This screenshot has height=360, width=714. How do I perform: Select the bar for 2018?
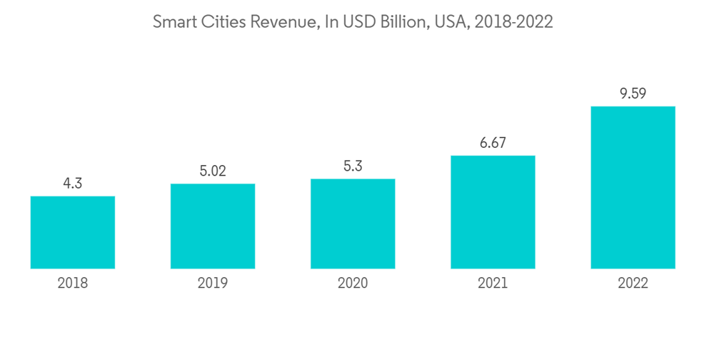click(73, 232)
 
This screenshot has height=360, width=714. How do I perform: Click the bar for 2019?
click(213, 226)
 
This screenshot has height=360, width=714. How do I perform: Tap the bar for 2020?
click(353, 224)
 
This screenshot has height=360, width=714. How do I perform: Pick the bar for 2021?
click(493, 212)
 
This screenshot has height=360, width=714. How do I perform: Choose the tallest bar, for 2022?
click(633, 187)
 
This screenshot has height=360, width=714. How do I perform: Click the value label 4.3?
click(73, 184)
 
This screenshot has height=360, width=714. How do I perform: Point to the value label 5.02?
click(213, 171)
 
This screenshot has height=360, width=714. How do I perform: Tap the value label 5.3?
click(353, 166)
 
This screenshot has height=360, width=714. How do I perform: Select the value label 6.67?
click(493, 143)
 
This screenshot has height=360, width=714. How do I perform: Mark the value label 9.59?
click(633, 94)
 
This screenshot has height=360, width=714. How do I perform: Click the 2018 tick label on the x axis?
click(73, 284)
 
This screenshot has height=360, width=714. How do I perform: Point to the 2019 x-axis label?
click(213, 284)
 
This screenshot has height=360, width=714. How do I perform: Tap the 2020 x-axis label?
click(353, 284)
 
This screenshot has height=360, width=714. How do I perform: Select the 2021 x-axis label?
click(493, 284)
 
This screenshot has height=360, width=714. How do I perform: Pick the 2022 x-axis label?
click(633, 284)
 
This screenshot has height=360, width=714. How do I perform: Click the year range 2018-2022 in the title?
click(511, 22)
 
